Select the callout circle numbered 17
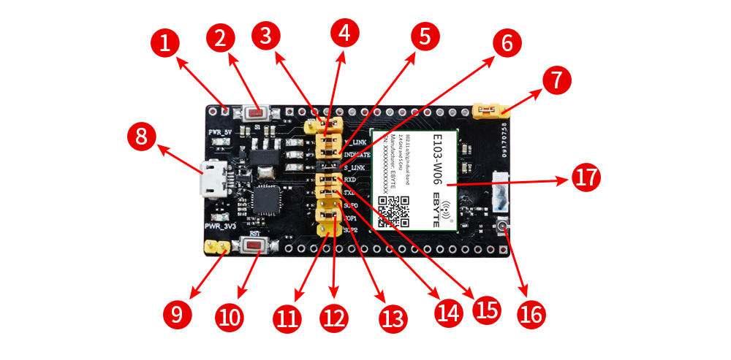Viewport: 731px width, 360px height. click(583, 178)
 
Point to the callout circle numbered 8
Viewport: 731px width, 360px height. click(142, 137)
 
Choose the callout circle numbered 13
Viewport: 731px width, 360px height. click(391, 318)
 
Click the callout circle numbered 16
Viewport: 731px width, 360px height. click(531, 314)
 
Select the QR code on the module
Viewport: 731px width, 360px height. click(395, 211)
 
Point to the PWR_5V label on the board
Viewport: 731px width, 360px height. click(220, 131)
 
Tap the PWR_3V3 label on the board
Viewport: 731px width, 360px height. click(219, 227)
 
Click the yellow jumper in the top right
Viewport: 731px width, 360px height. click(491, 111)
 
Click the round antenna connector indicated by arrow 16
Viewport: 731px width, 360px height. click(502, 229)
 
